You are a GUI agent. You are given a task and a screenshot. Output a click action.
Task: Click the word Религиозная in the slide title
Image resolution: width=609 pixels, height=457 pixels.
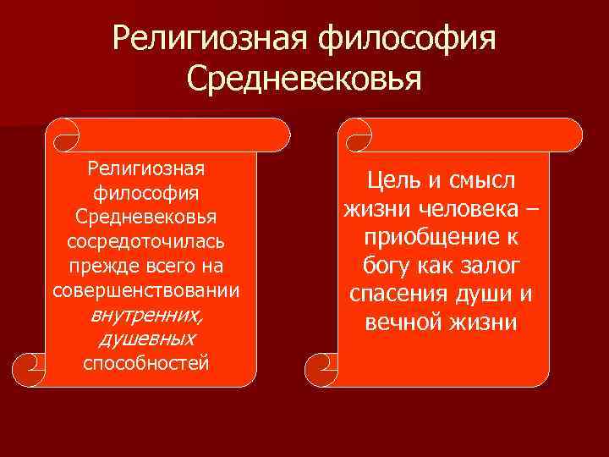pyautogui.click(x=209, y=37)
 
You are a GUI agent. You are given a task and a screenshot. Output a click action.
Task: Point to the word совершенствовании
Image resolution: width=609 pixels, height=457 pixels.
pyautogui.click(x=146, y=290)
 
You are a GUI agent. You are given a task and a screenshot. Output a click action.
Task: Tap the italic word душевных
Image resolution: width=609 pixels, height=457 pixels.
pyautogui.click(x=146, y=339)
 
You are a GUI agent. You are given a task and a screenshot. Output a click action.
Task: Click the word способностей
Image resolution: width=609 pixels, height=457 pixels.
pyautogui.click(x=146, y=363)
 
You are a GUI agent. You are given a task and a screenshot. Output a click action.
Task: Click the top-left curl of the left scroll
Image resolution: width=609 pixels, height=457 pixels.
pyautogui.click(x=63, y=134)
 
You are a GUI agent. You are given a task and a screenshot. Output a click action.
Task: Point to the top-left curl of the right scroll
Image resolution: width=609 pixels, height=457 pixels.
pyautogui.click(x=355, y=134)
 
